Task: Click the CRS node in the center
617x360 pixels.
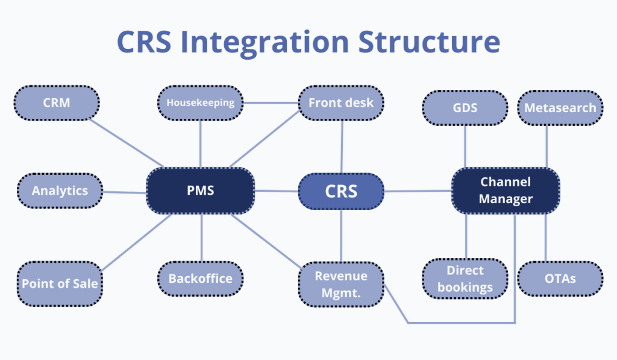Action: click(x=341, y=191)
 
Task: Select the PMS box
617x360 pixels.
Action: click(x=200, y=191)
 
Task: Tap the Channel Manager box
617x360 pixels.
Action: click(x=506, y=191)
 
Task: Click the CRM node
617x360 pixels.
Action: click(x=56, y=103)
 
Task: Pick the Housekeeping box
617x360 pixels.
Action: click(x=200, y=103)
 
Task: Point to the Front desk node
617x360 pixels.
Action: click(x=341, y=103)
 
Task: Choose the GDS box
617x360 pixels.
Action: click(x=465, y=108)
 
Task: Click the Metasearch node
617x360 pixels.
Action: click(x=560, y=108)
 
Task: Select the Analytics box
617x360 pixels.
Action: click(x=60, y=191)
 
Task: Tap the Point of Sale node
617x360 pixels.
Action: click(x=60, y=283)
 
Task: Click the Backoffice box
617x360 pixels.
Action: click(x=200, y=279)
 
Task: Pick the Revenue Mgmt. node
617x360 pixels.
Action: click(x=341, y=283)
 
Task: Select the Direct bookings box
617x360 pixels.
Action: click(x=465, y=279)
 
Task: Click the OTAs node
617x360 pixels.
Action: click(x=560, y=279)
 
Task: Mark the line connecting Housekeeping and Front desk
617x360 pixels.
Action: click(x=271, y=103)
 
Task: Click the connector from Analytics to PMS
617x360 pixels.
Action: click(x=124, y=192)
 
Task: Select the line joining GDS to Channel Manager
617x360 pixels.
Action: click(x=465, y=146)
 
